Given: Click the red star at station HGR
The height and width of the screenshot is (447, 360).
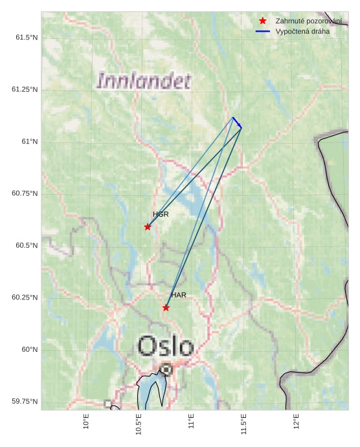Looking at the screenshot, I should point(148,226).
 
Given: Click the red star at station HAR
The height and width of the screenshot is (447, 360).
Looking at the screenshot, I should point(166,307).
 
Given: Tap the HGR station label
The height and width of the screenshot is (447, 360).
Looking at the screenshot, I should point(161,214).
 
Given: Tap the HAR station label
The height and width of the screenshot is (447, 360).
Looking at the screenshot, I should point(179,295).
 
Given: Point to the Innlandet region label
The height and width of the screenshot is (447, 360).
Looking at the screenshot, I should point(144,82).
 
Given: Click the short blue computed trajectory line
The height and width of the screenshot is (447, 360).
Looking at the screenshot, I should point(237,122).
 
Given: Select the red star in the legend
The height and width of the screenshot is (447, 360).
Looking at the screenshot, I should point(262,21).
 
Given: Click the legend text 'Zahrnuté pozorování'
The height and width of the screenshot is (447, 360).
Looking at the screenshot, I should point(308,21).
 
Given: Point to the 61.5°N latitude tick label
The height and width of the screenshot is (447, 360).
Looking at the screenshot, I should point(27,38).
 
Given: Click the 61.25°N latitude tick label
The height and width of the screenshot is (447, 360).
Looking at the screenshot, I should point(25,89).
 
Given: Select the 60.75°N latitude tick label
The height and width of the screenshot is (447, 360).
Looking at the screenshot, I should point(25,193).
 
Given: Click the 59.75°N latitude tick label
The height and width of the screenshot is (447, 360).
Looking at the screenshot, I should point(25,402).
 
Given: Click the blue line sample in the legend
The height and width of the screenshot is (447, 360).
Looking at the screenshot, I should point(262,31).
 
